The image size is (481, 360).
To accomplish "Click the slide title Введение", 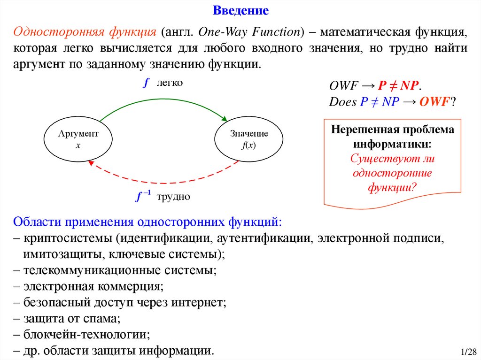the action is pos(240,10).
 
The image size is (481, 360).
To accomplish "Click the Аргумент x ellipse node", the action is pos(78,139).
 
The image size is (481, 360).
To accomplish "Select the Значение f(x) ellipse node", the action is pos(249,139).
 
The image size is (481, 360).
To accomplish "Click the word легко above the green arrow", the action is pos(170,83).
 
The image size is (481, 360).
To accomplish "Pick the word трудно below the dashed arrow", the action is pos(173,197).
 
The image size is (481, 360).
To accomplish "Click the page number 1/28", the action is pos(468,352).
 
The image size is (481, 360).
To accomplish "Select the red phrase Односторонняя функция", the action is pos(85,32).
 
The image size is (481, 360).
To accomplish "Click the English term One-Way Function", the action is pos(249,32).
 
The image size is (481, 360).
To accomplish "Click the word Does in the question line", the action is pos(342,102).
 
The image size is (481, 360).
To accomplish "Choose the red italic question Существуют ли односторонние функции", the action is pos(393,173).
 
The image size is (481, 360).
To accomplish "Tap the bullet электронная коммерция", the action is pos(92,286).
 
